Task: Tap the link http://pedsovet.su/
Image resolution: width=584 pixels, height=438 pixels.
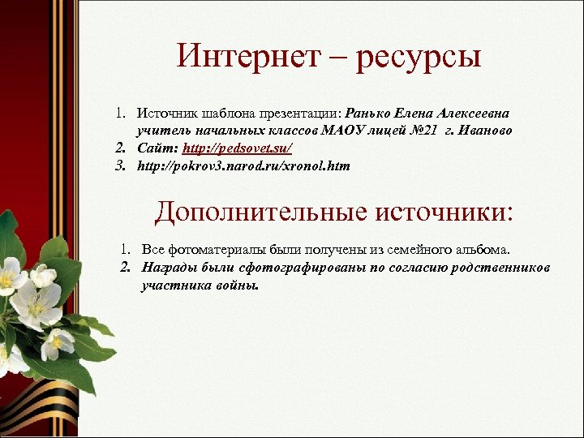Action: tap(237, 148)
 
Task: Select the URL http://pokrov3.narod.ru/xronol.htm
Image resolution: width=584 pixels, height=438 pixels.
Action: tap(243, 166)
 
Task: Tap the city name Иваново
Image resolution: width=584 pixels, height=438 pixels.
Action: tap(485, 131)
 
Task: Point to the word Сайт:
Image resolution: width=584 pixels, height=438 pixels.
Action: tap(157, 148)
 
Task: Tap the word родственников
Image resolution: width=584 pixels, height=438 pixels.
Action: tap(501, 267)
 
